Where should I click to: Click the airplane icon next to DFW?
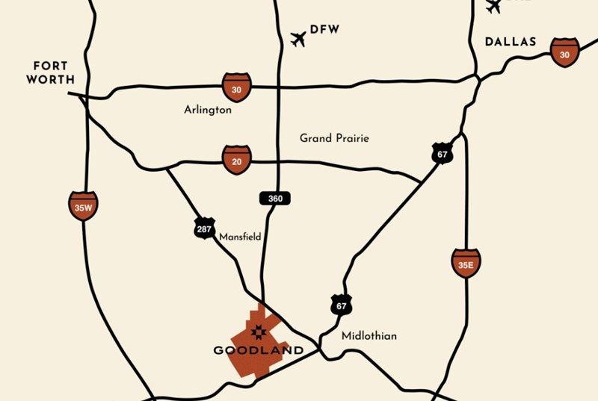pos(299,38)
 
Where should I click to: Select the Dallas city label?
pos(511,42)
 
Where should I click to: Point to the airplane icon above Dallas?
pos(493,7)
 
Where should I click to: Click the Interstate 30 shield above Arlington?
pos(236,87)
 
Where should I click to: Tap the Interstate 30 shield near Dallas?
pos(564,52)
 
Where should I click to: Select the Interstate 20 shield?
pos(236,160)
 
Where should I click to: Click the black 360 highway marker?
pos(274,199)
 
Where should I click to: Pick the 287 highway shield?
pos(204,229)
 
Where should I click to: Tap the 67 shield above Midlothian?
pos(342,305)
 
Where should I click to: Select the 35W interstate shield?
pos(83,206)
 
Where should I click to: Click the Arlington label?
pos(208,110)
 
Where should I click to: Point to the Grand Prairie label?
pos(334,138)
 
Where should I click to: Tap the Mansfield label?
pos(240,237)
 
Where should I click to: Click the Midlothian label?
pos(369,336)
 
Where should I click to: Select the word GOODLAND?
pos(259,350)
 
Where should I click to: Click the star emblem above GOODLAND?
pos(259,332)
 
